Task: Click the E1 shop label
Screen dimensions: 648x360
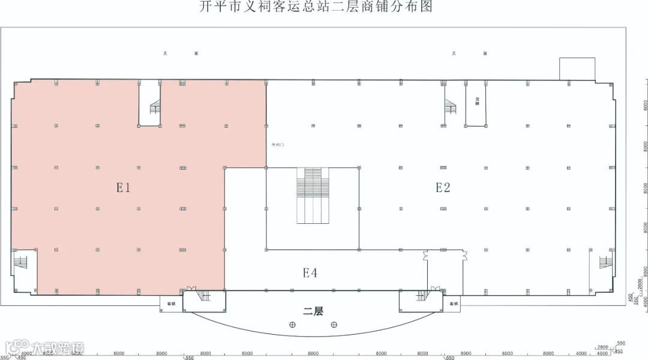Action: tap(124, 188)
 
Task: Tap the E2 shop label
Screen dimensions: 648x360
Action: tap(443, 188)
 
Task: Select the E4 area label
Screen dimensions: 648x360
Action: tap(310, 273)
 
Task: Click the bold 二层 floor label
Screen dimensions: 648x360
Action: tap(313, 311)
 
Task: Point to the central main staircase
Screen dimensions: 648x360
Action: tap(313, 196)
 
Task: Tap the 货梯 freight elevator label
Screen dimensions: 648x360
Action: tap(478, 102)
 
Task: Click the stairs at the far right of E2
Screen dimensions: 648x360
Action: tap(604, 262)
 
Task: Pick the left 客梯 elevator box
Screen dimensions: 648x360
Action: tap(171, 304)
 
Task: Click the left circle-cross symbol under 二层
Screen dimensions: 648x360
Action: tap(292, 325)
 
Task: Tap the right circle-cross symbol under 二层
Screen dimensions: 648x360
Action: tap(334, 325)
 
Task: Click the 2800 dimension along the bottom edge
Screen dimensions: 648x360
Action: tap(602, 347)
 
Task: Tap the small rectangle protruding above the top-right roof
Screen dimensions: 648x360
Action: tap(577, 68)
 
